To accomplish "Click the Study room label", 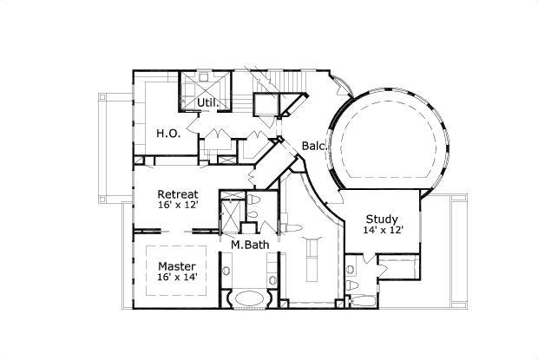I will coord(382,219).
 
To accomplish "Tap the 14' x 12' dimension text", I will coord(382,231).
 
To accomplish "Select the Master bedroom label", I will coord(177,265).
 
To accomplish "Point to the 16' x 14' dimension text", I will coord(177,278).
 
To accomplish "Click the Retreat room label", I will coord(177,194).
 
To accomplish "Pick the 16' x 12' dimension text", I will coord(177,206).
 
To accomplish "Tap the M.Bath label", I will coord(249,245).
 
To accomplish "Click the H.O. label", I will coord(167,134).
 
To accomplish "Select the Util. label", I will coord(207,102).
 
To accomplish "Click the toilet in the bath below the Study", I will coord(351,284).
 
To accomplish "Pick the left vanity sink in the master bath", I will coord(226,272).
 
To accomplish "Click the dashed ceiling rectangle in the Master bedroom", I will coord(177,271).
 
